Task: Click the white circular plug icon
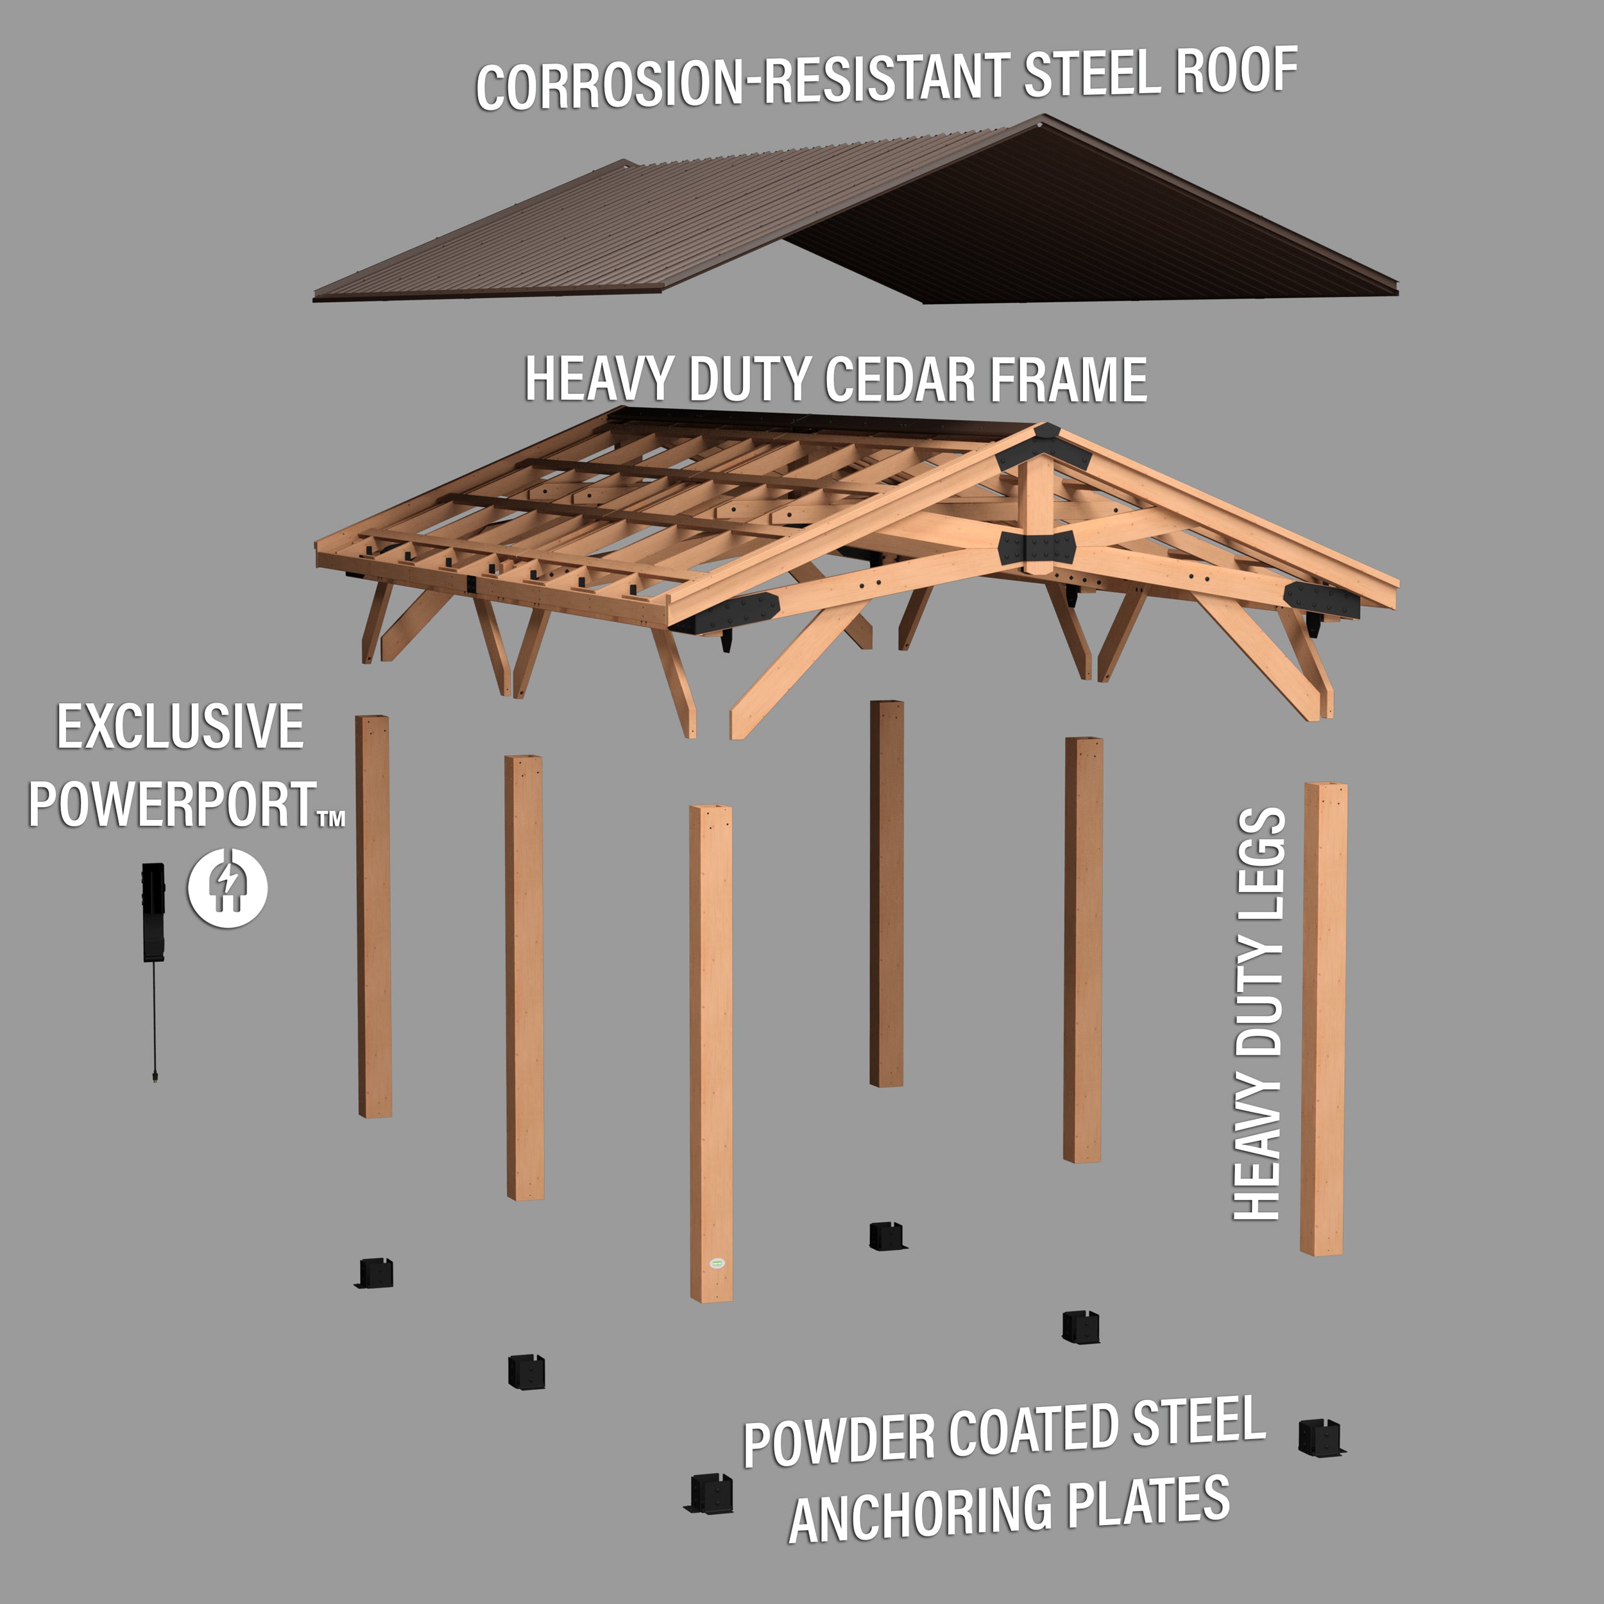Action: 228,887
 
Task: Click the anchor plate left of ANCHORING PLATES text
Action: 710,1494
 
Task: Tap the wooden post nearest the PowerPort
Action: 373,913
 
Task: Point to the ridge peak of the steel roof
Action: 1044,119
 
